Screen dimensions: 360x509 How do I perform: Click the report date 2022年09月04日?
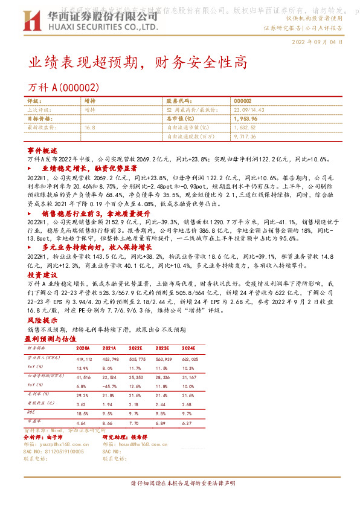tap(318, 43)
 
